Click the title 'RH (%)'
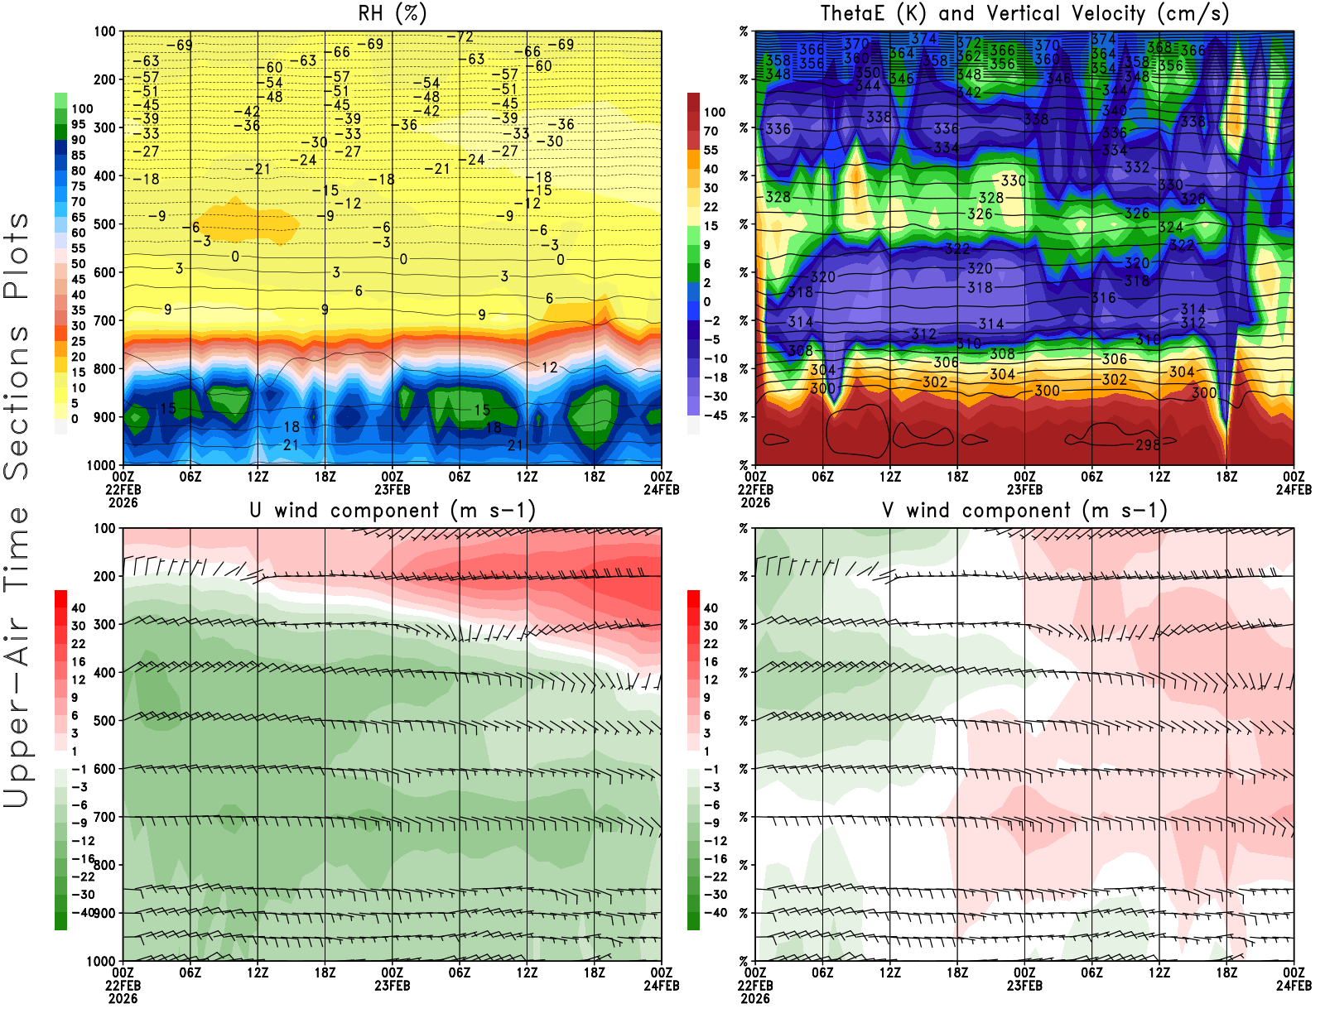point(392,13)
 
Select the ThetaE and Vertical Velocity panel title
point(1024,13)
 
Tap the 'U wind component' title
point(392,510)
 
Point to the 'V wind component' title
point(1024,510)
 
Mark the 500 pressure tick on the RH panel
point(104,224)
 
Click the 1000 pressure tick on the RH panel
point(101,465)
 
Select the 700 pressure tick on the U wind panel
point(104,817)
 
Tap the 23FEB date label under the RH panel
point(392,490)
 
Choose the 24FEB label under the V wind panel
point(1294,986)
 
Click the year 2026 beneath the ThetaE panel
point(755,502)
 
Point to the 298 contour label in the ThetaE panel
point(1147,445)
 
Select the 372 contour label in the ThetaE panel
point(969,43)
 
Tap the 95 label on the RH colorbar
point(79,124)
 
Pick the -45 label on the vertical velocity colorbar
point(715,415)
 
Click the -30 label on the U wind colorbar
point(82,894)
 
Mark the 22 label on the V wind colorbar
point(711,643)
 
